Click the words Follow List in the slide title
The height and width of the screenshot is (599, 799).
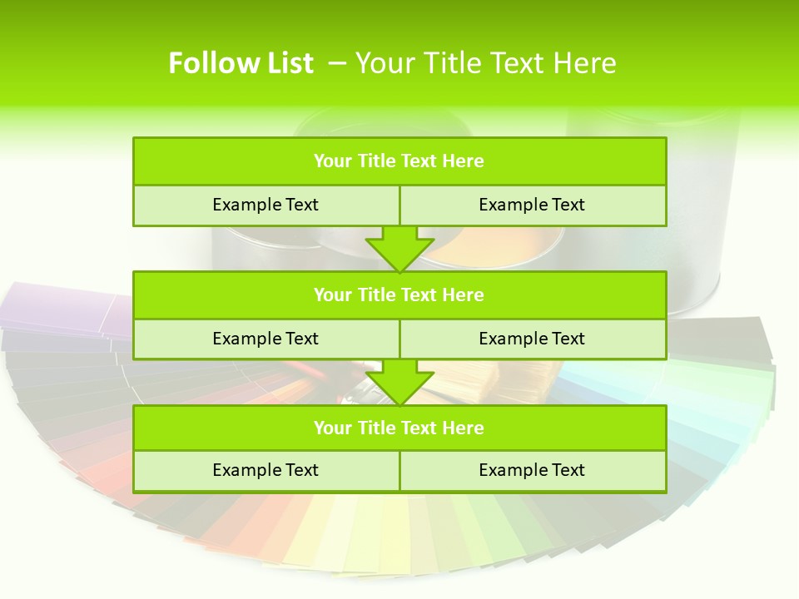point(241,63)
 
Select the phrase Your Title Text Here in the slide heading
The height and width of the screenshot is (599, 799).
point(485,63)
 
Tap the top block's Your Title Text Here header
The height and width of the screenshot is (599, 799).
point(399,161)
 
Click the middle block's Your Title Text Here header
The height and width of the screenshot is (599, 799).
point(399,295)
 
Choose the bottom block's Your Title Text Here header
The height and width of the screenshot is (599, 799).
point(399,428)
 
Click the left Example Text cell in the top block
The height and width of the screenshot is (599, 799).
point(266,205)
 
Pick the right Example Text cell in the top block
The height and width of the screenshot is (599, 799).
point(532,205)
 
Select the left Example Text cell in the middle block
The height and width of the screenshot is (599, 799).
point(266,339)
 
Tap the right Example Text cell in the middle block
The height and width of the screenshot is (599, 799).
point(532,339)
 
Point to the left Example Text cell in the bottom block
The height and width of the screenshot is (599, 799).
point(266,470)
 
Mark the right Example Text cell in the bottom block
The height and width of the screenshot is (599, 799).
point(532,470)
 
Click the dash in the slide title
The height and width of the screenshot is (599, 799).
point(337,63)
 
